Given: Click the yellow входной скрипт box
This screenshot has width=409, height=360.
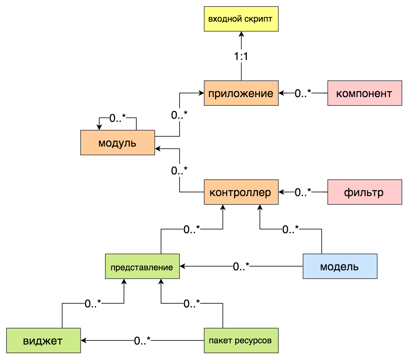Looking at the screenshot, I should point(241,19).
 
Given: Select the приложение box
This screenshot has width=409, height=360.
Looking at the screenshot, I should point(241,93).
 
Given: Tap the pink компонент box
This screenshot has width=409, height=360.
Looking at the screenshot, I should point(365,93).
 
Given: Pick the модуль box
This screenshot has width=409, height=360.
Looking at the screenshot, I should point(117,143).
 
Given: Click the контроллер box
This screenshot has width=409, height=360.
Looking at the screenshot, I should point(241,192).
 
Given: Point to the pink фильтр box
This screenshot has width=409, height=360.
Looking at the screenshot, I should point(365,192).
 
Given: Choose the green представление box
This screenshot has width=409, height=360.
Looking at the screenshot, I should point(142,266).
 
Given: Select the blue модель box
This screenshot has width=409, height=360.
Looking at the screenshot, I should point(340,266).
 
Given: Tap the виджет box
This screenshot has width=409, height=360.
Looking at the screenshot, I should point(43,341).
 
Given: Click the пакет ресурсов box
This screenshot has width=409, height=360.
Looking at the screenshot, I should point(241,341).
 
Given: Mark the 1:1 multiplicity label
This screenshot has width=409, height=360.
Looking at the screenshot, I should point(241,56).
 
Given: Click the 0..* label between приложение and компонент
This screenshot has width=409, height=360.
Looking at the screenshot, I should point(303,93).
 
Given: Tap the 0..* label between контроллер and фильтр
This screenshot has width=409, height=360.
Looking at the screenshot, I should point(303,192).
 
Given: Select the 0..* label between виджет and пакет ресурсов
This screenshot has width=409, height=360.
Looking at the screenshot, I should point(142,341).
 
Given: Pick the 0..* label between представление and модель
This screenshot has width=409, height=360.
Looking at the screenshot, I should point(241,266).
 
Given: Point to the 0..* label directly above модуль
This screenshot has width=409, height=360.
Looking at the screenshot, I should point(117,118).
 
